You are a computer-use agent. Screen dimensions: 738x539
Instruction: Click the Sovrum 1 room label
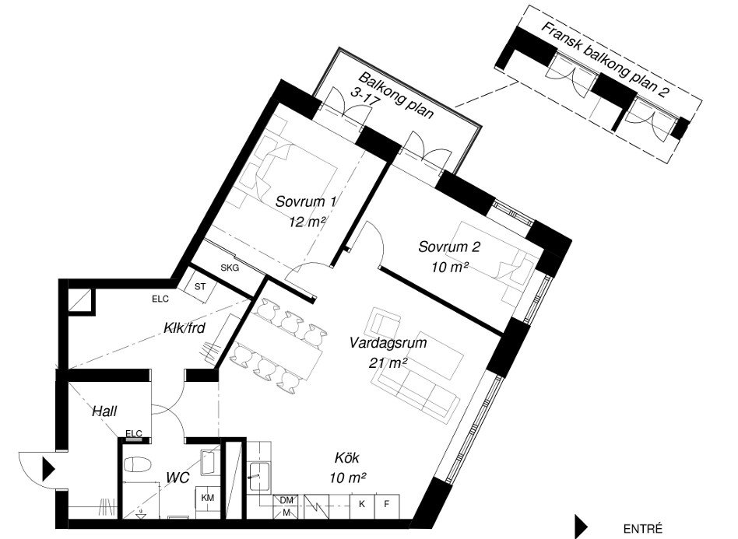pos(306,201)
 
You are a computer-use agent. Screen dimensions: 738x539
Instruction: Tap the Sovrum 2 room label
pos(449,247)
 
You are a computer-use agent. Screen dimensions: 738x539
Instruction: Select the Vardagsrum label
pos(388,343)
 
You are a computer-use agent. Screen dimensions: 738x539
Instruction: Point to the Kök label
pos(347,457)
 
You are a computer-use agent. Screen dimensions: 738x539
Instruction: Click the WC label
pos(178,478)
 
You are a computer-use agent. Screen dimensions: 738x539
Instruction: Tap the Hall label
pos(104,411)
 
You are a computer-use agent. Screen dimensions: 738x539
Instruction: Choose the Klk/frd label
pos(184,327)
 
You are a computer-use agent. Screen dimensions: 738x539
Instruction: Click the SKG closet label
pos(230,268)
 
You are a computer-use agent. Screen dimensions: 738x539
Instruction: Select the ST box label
pos(201,286)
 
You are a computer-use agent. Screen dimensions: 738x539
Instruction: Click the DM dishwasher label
pos(286,500)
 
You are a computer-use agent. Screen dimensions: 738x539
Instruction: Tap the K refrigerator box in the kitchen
pos(362,505)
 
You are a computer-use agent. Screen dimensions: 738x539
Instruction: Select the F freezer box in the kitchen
pos(387,505)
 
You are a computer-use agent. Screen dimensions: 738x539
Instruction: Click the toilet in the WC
pos(138,464)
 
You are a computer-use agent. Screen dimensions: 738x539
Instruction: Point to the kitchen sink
pos(259,478)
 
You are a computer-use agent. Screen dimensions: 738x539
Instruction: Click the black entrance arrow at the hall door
pos(49,468)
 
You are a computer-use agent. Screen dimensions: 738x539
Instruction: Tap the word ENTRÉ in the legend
pos(642,529)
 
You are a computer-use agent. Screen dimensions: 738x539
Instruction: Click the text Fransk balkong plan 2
pos(606,59)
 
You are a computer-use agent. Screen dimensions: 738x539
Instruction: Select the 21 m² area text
pos(388,363)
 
